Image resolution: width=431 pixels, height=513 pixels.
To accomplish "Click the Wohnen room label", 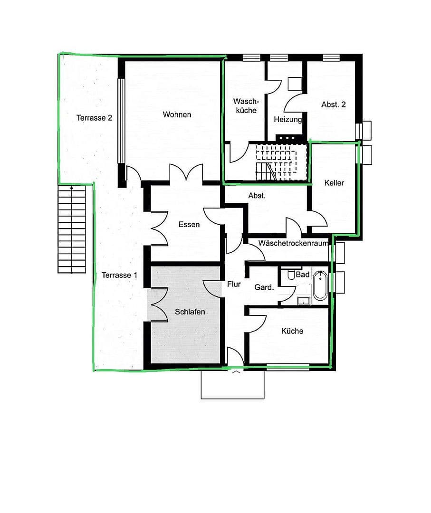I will click(177, 114).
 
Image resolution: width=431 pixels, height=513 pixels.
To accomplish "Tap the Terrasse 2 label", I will click(94, 118).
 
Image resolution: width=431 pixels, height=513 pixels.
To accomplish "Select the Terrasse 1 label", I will click(119, 275).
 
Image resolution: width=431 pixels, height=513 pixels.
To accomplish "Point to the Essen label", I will click(189, 224).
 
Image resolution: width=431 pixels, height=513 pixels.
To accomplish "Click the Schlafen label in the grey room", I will click(190, 312).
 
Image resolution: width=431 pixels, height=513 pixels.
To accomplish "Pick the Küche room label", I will click(292, 331).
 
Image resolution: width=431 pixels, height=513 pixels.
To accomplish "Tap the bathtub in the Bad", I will click(320, 285).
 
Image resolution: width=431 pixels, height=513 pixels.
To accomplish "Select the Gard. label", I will click(264, 287).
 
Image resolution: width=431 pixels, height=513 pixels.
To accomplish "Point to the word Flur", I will click(234, 285).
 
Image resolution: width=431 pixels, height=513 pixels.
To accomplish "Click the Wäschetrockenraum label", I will click(294, 243).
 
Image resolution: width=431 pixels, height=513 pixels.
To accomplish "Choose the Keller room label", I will click(334, 183).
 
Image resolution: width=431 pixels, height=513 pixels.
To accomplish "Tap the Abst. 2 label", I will click(334, 104).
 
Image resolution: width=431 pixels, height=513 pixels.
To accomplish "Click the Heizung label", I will click(287, 120).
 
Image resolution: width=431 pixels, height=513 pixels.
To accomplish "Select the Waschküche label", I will click(245, 105).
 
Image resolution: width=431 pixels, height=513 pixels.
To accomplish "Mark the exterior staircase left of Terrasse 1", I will click(72, 229).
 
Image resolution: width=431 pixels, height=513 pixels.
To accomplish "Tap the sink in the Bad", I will click(303, 300).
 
